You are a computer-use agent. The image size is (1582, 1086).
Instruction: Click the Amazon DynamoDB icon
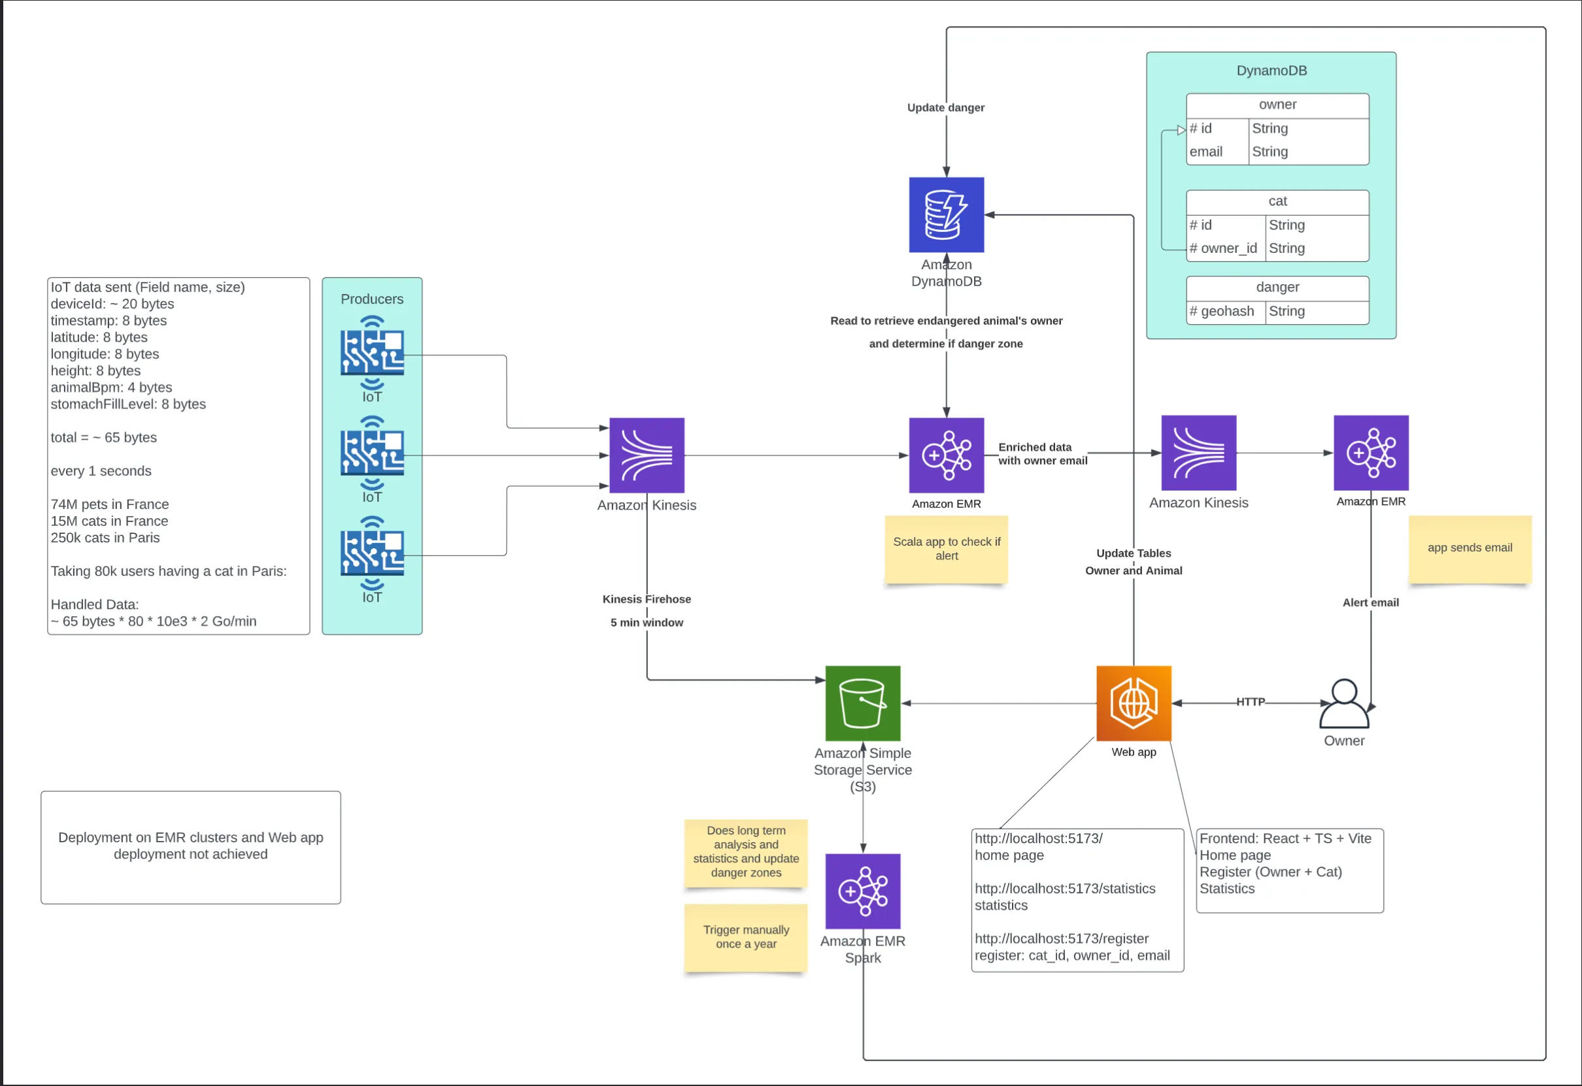pos(946,214)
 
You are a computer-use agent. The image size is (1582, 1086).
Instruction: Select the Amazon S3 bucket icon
pos(862,703)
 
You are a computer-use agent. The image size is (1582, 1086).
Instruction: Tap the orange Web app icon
pos(1134,703)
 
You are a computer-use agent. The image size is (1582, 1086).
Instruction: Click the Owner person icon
pos(1344,704)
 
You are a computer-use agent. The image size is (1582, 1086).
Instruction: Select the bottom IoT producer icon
pos(373,553)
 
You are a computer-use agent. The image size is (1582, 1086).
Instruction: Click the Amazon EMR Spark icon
pos(862,891)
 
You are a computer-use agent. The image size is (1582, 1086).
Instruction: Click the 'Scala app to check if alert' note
pos(946,548)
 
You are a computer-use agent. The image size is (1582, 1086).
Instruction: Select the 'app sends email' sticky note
pos(1470,548)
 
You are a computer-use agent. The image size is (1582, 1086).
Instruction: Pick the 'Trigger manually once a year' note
pos(746,936)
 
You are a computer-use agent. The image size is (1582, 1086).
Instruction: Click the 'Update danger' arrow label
pos(945,108)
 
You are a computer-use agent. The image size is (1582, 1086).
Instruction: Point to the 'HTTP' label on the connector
pos(1250,702)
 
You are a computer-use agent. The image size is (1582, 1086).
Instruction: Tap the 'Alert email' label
pos(1370,602)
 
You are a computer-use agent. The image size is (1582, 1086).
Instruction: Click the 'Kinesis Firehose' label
pos(646,599)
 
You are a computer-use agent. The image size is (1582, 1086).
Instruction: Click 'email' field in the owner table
pos(1205,152)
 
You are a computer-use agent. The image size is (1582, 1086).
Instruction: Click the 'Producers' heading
pos(372,299)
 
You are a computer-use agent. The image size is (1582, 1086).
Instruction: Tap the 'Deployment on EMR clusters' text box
pos(191,846)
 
